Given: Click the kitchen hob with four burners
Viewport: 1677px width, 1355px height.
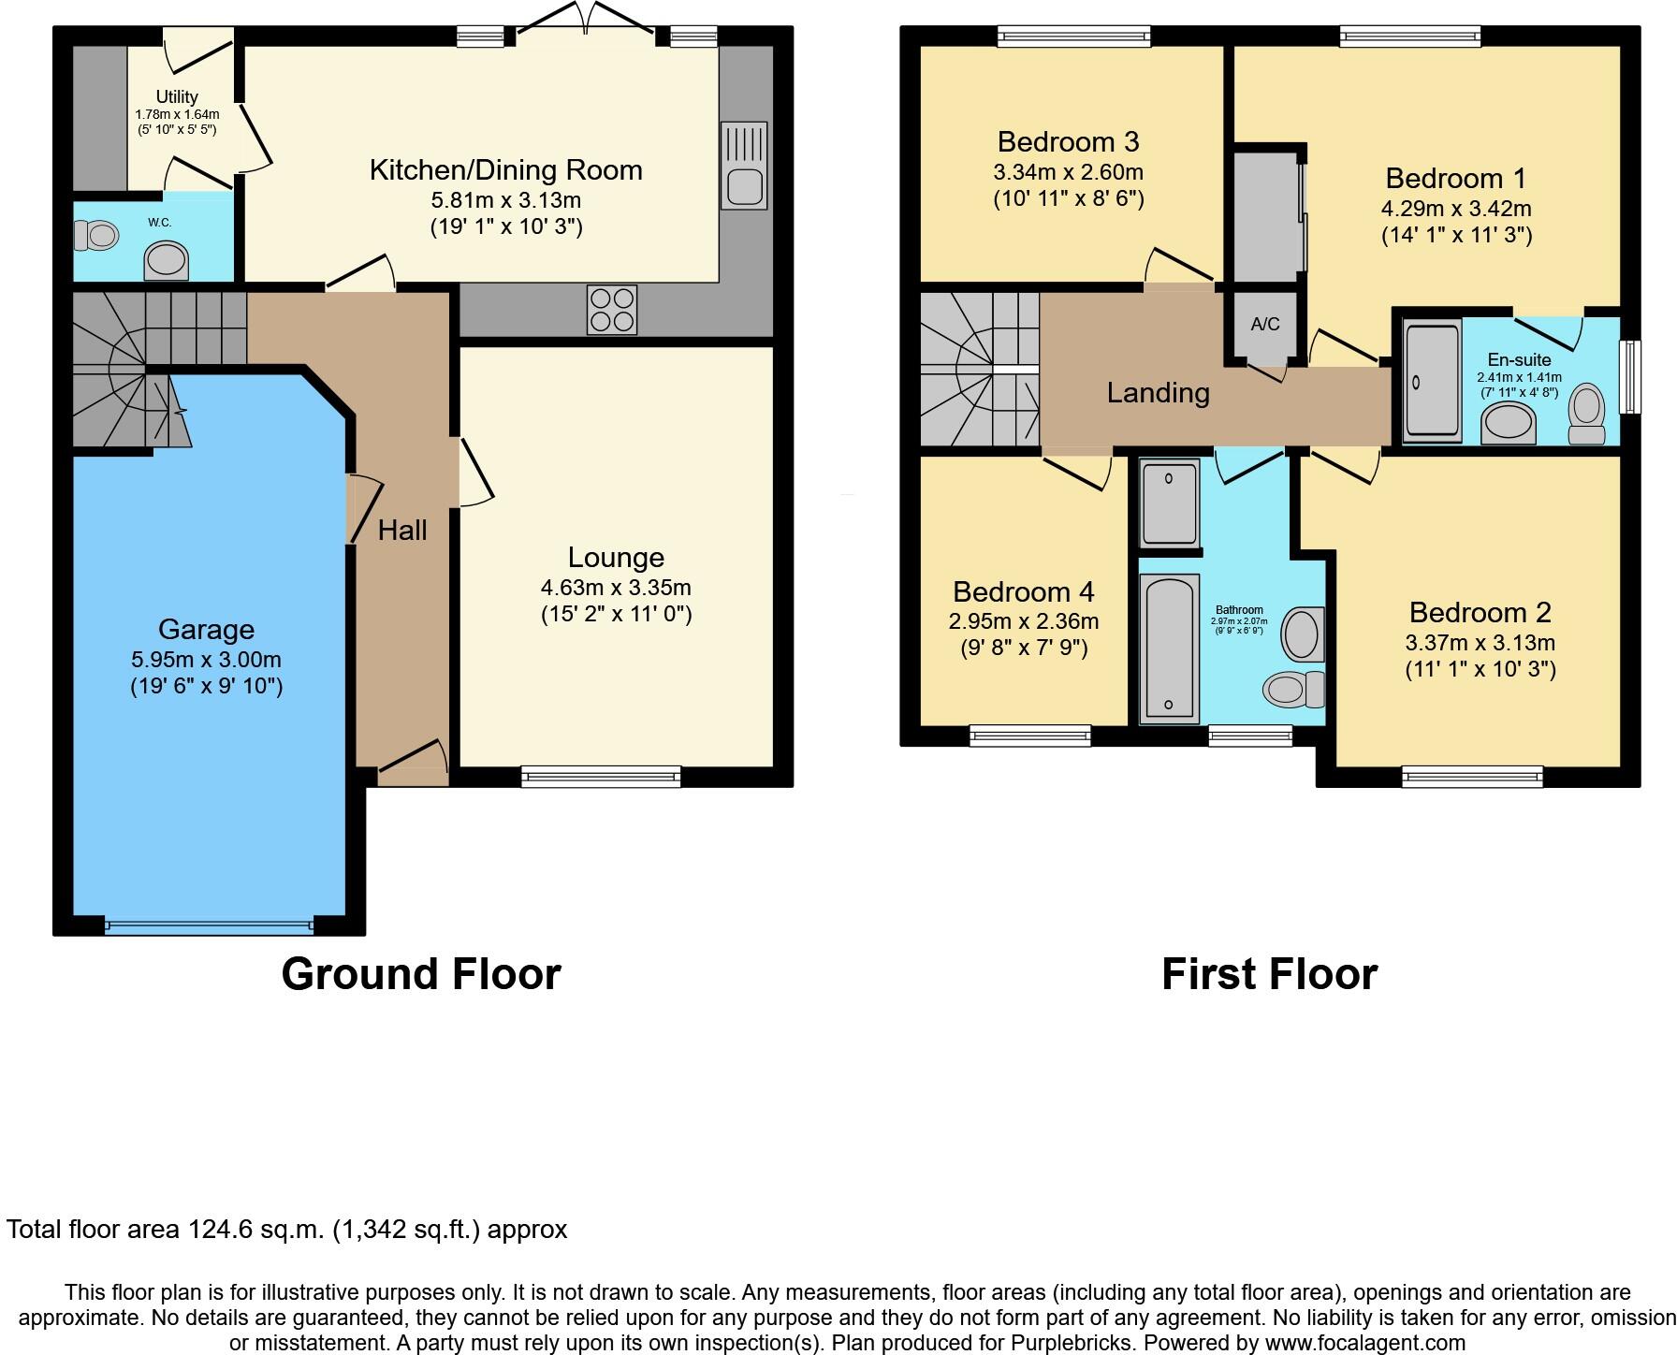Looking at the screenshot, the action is click(612, 309).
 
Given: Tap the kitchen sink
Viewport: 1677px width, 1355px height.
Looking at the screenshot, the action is click(744, 166).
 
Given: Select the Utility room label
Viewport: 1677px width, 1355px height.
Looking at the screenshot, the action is click(177, 96).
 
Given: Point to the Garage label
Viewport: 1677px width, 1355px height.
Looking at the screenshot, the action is click(206, 630).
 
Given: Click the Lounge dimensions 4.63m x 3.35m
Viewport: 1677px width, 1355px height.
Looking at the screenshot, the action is click(616, 588).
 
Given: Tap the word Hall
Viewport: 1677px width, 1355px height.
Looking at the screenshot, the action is click(402, 531).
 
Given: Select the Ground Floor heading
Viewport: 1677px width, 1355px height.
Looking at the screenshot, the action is click(421, 974).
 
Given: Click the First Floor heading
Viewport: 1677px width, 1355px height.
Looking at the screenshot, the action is click(1269, 974).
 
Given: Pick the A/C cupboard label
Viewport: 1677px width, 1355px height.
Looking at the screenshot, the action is click(1265, 324).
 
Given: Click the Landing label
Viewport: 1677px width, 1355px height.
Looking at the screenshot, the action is click(1158, 392).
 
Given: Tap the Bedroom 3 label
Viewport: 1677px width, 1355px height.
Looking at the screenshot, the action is click(1068, 141).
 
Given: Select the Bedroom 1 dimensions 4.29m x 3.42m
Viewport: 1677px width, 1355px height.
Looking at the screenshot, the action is click(1456, 208).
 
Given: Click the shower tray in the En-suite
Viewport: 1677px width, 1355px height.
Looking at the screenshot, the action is click(1432, 381).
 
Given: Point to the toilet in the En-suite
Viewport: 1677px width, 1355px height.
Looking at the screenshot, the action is click(1587, 414).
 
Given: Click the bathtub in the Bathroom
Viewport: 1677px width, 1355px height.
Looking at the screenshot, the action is click(1170, 648).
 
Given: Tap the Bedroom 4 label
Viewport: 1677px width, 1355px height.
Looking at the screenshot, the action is click(1023, 591).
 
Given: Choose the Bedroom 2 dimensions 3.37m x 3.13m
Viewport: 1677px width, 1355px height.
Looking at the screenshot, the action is click(1480, 642).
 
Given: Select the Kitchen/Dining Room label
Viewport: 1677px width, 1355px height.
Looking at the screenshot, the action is click(506, 169).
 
